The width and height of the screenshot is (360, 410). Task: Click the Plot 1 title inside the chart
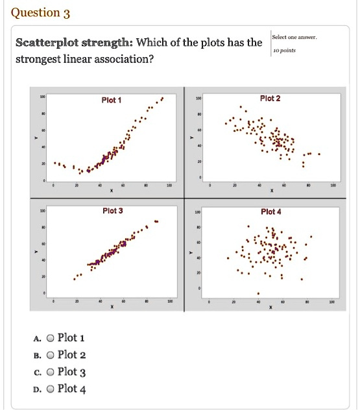click(x=112, y=100)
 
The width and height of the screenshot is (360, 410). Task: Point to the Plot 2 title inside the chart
click(x=270, y=98)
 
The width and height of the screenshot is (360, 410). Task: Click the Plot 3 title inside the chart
click(x=112, y=211)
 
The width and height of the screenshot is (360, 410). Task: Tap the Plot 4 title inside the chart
click(x=270, y=211)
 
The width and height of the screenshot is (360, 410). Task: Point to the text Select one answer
click(x=294, y=37)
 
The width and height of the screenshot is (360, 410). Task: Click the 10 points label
click(x=284, y=49)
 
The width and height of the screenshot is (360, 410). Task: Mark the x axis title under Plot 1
click(x=111, y=191)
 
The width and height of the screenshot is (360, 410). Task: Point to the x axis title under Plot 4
click(x=270, y=308)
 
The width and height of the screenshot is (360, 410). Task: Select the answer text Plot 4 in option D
click(x=71, y=389)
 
